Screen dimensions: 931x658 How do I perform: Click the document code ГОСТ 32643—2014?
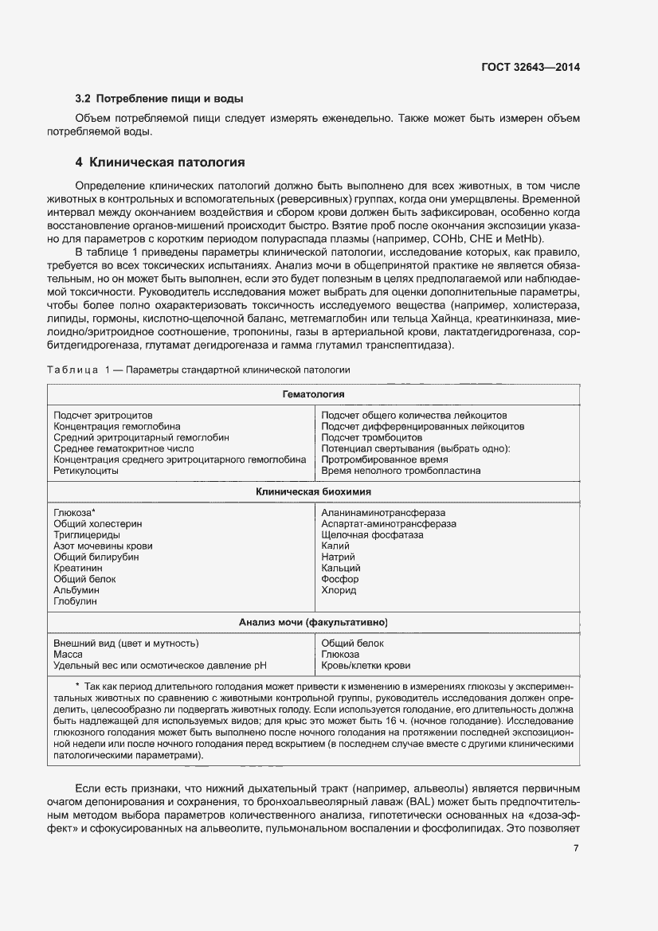(531, 68)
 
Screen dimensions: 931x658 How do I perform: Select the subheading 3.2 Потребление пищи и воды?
(159, 100)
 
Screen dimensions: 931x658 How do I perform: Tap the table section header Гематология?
(313, 394)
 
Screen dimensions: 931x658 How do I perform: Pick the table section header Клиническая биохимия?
(313, 492)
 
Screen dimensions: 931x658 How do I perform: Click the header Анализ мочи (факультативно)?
(313, 622)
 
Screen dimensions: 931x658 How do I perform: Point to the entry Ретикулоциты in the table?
(86, 471)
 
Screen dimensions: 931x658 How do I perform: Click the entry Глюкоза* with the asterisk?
(74, 513)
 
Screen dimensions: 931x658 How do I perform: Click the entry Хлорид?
(339, 591)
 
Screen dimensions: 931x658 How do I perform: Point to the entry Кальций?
(341, 569)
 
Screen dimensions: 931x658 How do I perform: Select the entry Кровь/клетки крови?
(366, 665)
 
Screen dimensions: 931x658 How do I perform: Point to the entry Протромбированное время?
(384, 460)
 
